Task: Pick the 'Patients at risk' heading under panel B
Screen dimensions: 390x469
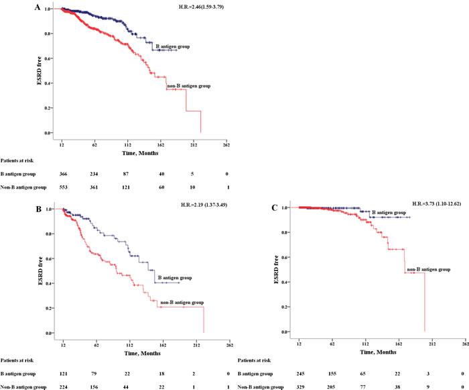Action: point(19,359)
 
